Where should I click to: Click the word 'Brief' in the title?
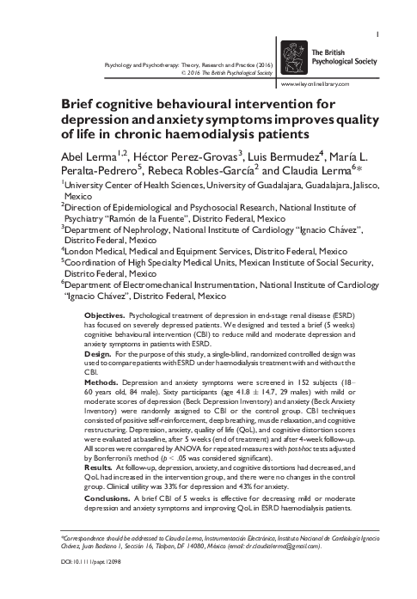78,104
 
